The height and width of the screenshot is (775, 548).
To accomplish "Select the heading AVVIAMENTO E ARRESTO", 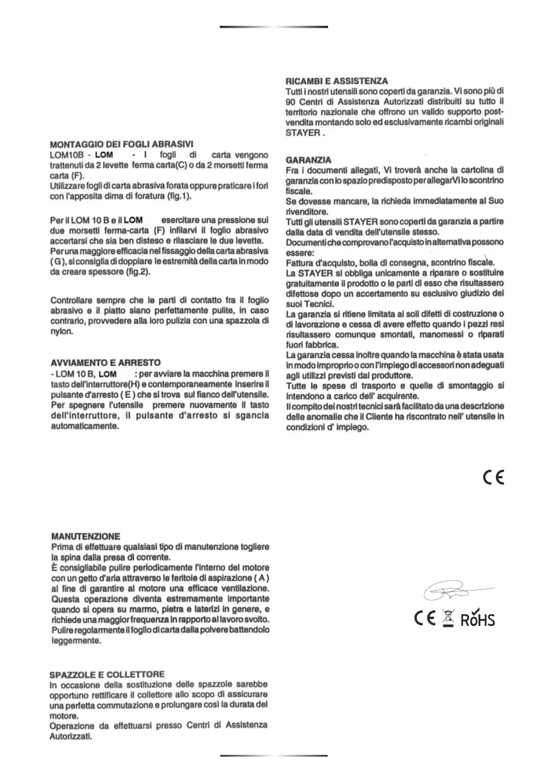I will [105, 363].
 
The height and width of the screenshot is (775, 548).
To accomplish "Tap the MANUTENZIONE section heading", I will [86, 536].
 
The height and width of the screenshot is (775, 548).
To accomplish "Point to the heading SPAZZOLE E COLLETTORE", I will [107, 674].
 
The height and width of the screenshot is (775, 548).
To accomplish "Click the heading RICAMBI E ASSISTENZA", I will [337, 81].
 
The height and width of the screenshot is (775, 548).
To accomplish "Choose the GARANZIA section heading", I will [308, 160].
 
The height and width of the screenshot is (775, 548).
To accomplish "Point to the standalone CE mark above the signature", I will [494, 477].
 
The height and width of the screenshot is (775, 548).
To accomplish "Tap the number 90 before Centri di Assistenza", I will [290, 102].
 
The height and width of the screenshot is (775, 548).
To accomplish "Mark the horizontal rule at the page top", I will [274, 27].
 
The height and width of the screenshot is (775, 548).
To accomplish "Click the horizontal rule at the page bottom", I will [274, 756].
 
